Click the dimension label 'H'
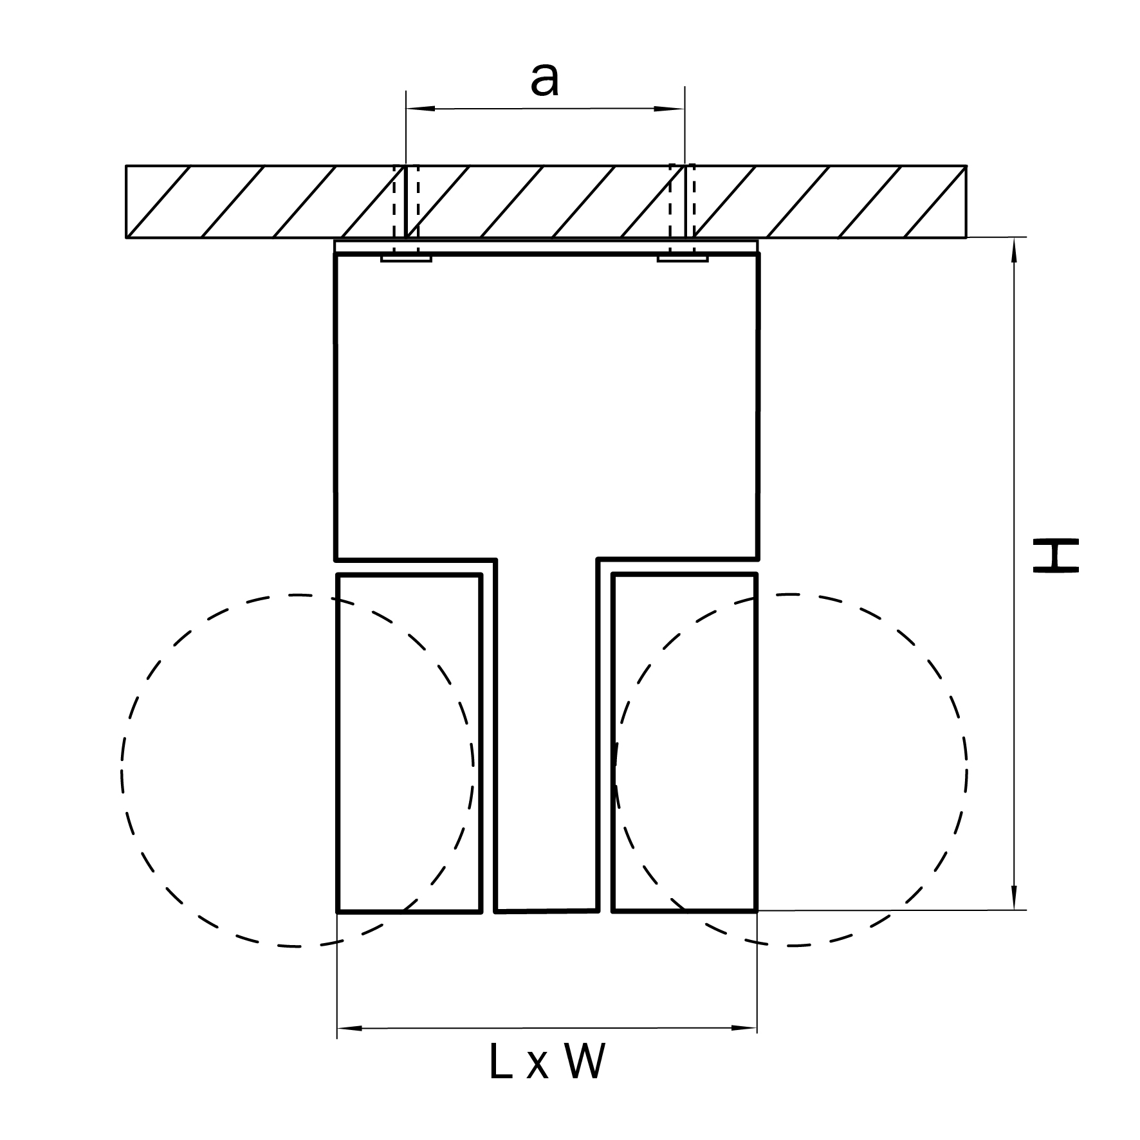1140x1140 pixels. point(1055,556)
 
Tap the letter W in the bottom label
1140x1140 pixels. point(585,1062)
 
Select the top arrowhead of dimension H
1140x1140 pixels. point(1015,251)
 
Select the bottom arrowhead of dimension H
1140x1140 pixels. point(1015,897)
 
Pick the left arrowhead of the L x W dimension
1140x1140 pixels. point(351,1028)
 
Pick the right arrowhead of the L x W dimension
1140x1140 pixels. point(743,1028)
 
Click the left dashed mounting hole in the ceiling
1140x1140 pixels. point(406,201)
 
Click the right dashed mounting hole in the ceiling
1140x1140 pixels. point(683,201)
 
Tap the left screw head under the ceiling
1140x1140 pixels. point(406,259)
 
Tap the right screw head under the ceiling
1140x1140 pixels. point(683,259)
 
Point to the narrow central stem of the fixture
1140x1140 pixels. point(547,740)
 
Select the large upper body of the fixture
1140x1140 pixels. point(547,405)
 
